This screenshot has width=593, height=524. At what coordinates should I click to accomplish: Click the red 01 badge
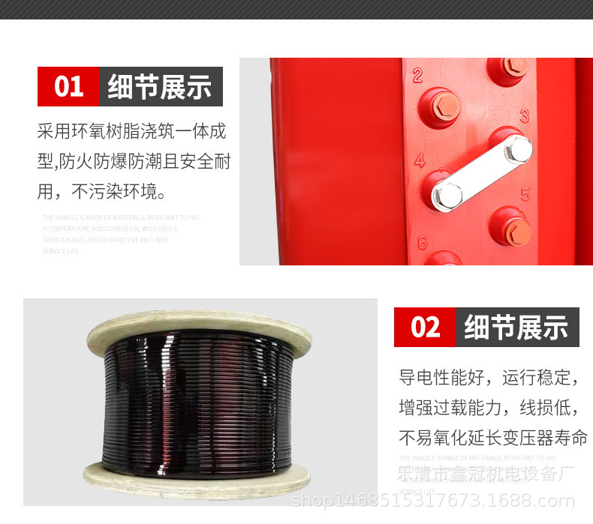point(68,87)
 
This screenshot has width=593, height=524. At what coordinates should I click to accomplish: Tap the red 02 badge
point(425,327)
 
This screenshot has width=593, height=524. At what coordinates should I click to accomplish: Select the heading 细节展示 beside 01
point(160,87)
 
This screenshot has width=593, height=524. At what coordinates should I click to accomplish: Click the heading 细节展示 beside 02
point(516,327)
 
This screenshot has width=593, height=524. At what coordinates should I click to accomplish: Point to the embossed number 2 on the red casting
point(417,75)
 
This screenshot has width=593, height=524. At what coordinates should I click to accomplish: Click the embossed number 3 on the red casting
point(525,115)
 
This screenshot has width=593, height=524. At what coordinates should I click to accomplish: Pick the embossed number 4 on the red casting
point(420,160)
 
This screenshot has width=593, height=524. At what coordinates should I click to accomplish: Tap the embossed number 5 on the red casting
point(525,194)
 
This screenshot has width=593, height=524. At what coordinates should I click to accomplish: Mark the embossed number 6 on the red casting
point(422,242)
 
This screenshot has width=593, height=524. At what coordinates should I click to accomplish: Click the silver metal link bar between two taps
point(481,170)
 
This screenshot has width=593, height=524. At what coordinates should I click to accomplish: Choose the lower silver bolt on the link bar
point(448,193)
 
